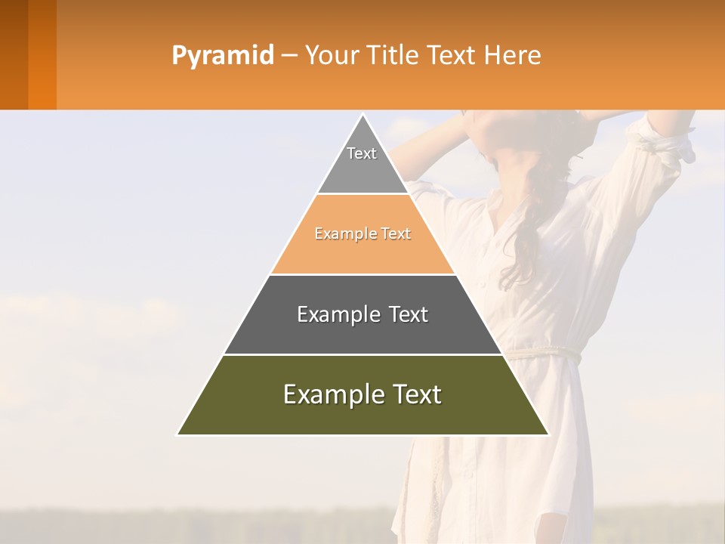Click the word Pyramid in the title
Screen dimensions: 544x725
[x=223, y=55]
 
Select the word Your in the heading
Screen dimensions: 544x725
[x=332, y=55]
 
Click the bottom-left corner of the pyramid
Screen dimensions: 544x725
[x=178, y=434]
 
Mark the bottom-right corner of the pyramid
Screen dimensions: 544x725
[x=548, y=434]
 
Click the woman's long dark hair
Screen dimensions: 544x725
[x=529, y=227]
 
